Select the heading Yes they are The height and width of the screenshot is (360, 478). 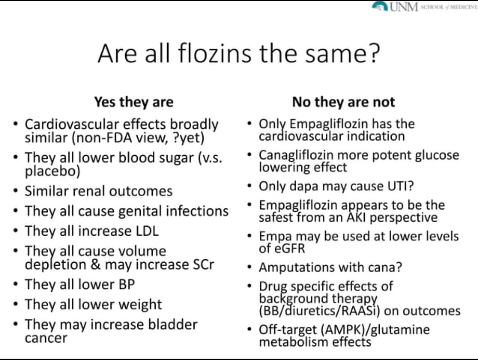134,102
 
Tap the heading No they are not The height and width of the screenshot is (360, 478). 343,102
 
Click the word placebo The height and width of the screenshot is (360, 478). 52,171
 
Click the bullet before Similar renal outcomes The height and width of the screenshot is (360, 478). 16,191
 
